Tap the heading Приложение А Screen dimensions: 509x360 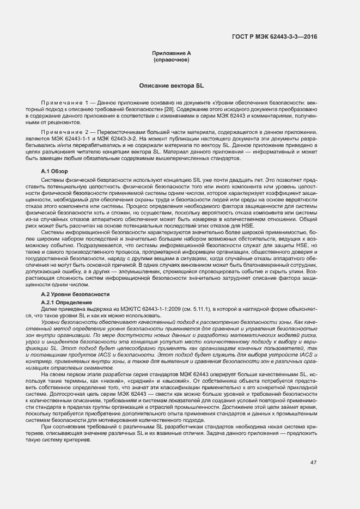click(x=172, y=53)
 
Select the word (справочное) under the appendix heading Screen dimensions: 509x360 click(x=172, y=59)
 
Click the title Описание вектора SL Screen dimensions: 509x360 click(x=172, y=86)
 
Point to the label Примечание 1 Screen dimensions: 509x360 click(x=65, y=102)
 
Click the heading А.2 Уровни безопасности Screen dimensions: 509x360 click(x=68, y=294)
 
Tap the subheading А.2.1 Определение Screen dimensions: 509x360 click(x=63, y=302)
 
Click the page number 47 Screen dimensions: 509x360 click(x=313, y=463)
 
